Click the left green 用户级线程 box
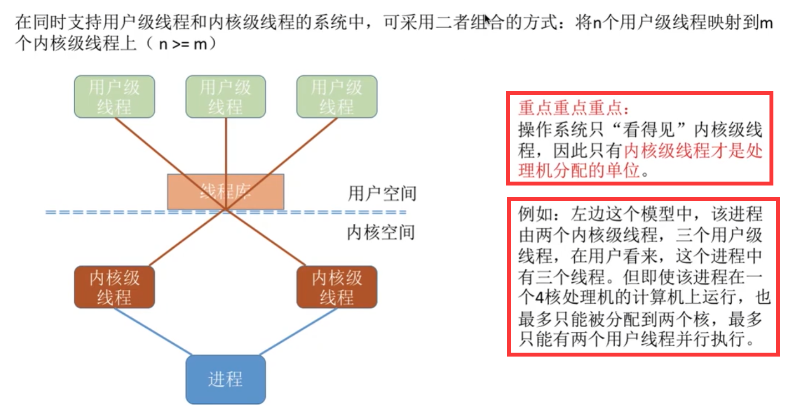[x=114, y=97]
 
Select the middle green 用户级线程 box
[x=225, y=97]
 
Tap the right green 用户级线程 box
[x=336, y=97]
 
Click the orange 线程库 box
[x=225, y=192]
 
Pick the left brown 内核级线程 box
[x=114, y=287]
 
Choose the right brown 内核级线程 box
[x=336, y=287]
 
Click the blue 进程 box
[x=225, y=379]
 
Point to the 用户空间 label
[x=382, y=193]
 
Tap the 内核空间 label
[x=381, y=232]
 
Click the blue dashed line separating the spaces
[x=333, y=212]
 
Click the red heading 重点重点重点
[x=574, y=108]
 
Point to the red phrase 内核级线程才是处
[x=693, y=151]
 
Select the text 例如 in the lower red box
[x=531, y=214]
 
